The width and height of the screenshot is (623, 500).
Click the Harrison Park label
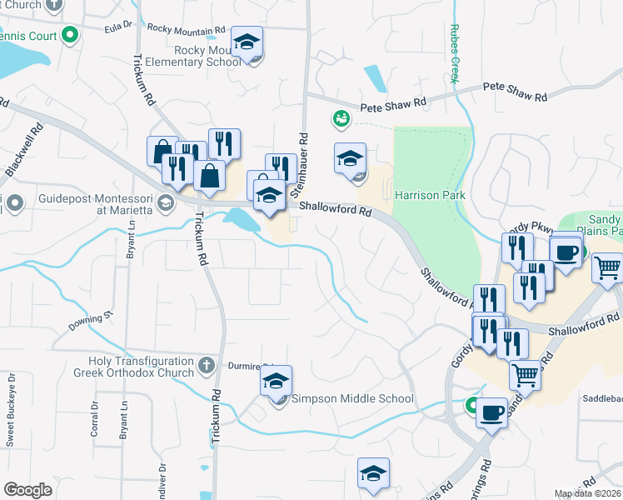[x=430, y=195]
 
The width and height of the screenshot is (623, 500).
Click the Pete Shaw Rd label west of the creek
[x=393, y=106]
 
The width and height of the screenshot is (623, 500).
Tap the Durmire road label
[x=255, y=364]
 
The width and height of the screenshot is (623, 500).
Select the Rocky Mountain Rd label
[x=186, y=28]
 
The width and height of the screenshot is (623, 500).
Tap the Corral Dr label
[x=94, y=420]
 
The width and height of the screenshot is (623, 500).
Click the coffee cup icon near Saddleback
[x=492, y=412]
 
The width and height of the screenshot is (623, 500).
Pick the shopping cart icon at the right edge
[x=607, y=267]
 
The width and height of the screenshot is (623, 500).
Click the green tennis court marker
[x=70, y=36]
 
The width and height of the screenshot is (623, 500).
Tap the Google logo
[x=28, y=490]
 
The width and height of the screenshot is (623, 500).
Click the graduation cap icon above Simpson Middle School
[x=276, y=382]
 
